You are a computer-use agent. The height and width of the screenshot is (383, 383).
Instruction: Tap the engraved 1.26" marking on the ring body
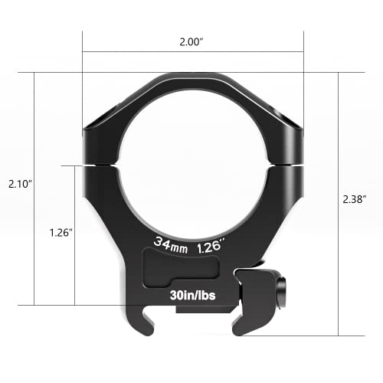(x=211, y=246)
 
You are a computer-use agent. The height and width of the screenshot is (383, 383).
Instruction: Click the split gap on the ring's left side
(x=100, y=162)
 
